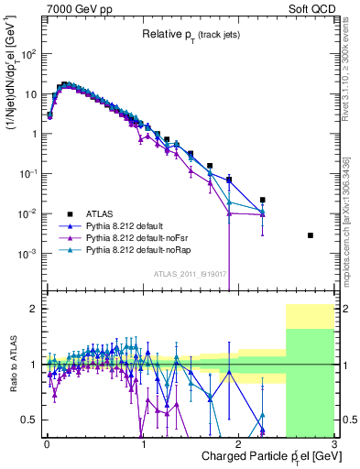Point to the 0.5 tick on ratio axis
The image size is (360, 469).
(x=30, y=420)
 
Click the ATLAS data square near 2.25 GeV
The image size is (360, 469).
(x=263, y=200)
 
